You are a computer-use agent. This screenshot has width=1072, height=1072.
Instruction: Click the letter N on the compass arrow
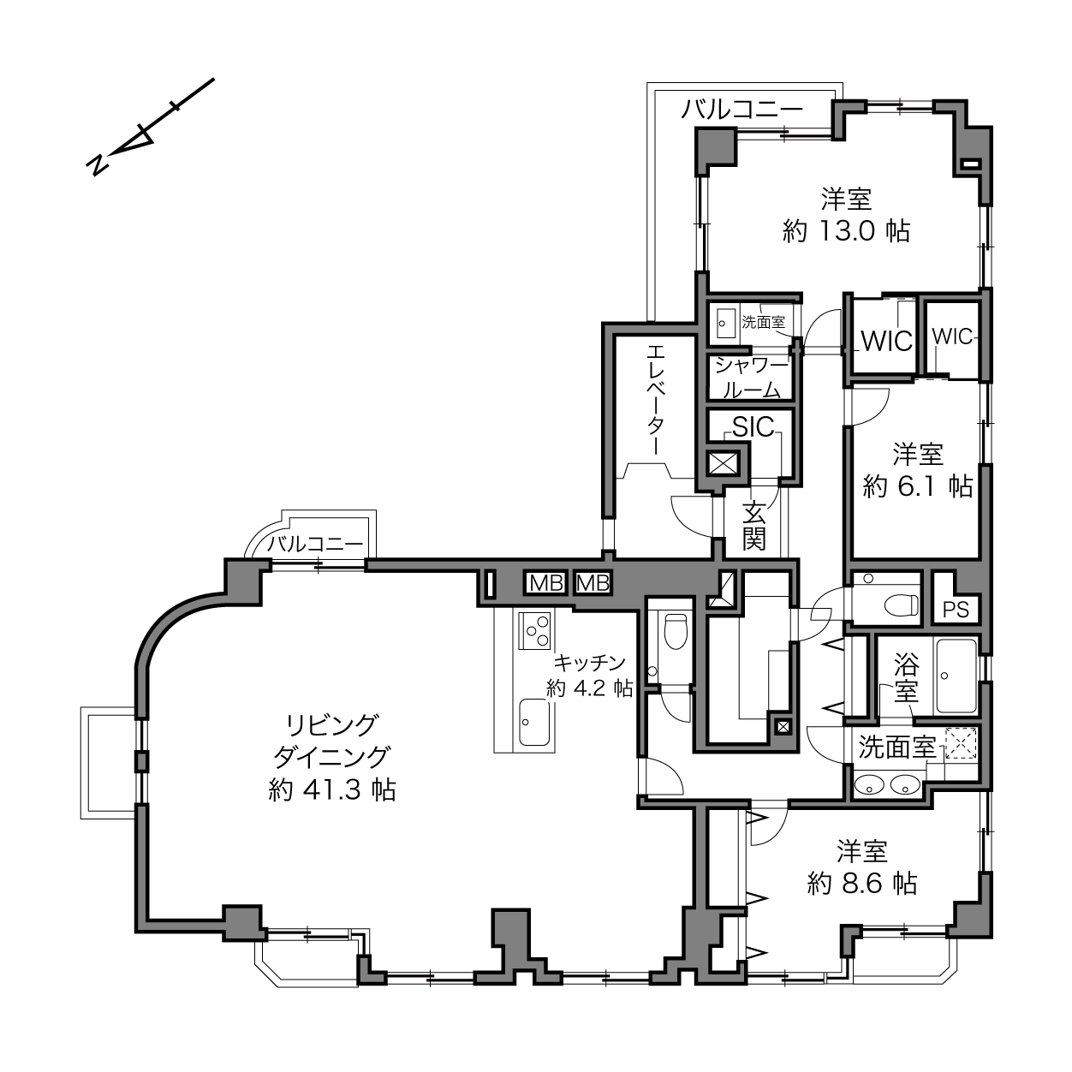click(x=97, y=164)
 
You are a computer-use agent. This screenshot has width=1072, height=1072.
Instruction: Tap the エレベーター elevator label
click(x=656, y=398)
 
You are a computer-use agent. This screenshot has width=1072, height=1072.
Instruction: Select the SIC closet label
click(x=753, y=426)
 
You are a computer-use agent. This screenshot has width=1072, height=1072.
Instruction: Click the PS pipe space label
click(x=956, y=610)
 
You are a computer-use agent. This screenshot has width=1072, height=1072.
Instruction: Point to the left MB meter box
click(x=545, y=583)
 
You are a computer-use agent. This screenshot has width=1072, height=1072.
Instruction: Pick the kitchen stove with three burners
click(x=535, y=630)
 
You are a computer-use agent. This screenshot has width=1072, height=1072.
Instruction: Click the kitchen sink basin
click(x=534, y=723)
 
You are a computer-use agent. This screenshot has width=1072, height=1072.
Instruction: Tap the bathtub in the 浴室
click(x=956, y=676)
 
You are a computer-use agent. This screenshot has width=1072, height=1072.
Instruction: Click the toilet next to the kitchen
click(x=676, y=631)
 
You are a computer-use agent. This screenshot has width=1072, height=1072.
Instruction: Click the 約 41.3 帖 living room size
click(x=332, y=789)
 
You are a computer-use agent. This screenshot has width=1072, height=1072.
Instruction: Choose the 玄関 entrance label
click(x=753, y=525)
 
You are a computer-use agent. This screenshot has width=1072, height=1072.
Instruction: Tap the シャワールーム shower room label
click(x=752, y=378)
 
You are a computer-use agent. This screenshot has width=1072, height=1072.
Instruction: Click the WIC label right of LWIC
click(x=952, y=336)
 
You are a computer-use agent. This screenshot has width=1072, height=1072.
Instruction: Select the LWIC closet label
click(x=884, y=341)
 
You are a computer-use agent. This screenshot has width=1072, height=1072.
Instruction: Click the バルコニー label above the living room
click(x=315, y=544)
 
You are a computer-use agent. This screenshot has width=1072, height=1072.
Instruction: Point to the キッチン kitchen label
click(x=590, y=662)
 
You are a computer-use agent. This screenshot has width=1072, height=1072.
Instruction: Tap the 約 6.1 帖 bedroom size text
click(x=918, y=486)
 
